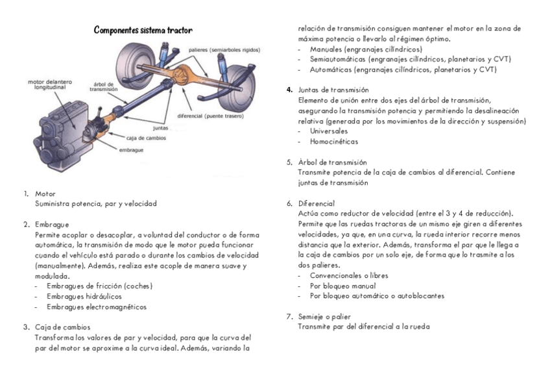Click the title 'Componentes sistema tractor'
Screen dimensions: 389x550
(x=143, y=31)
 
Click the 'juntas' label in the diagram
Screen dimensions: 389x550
(x=161, y=129)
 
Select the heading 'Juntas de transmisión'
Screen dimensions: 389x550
(x=333, y=90)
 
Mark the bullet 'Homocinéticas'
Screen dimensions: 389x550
(x=333, y=142)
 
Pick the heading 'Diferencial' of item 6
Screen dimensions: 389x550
(x=317, y=203)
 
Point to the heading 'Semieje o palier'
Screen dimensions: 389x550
(x=324, y=316)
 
